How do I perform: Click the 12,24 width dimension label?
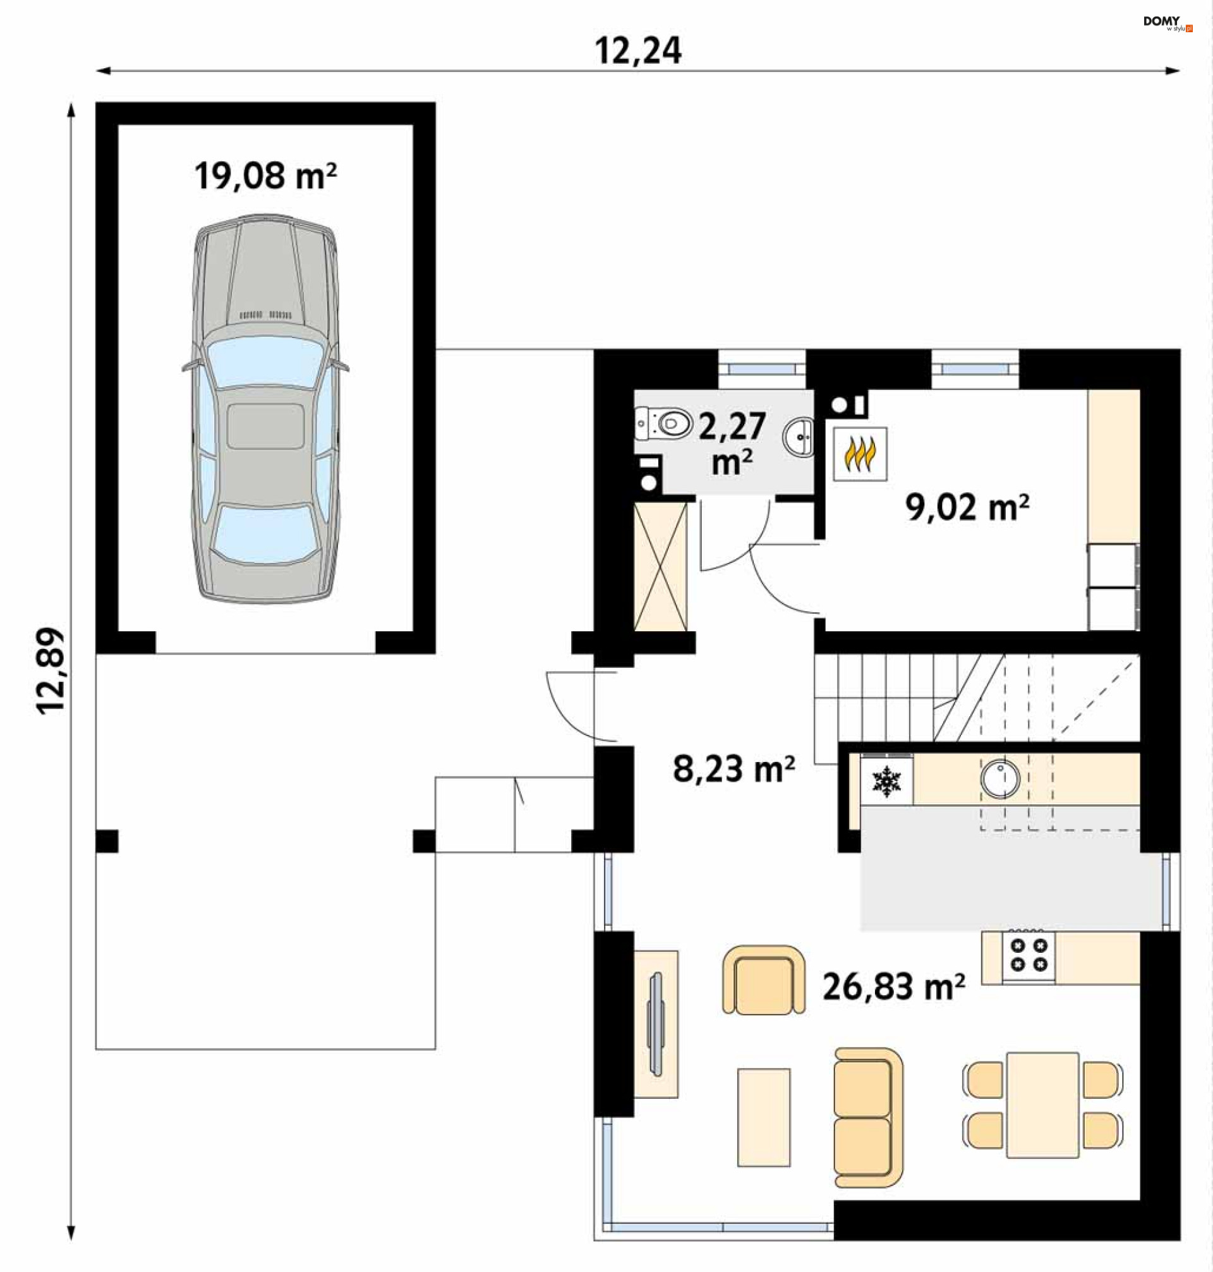[637, 51]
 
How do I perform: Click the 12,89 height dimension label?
[51, 670]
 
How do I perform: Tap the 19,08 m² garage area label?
[265, 176]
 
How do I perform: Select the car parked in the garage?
[265, 409]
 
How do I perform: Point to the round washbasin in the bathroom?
[799, 438]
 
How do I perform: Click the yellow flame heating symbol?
[859, 453]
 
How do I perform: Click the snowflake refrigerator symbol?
[886, 781]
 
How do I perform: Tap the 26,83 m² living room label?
[894, 987]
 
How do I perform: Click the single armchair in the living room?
[764, 979]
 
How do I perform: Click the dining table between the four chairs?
[1042, 1105]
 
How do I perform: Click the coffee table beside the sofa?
[764, 1117]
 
